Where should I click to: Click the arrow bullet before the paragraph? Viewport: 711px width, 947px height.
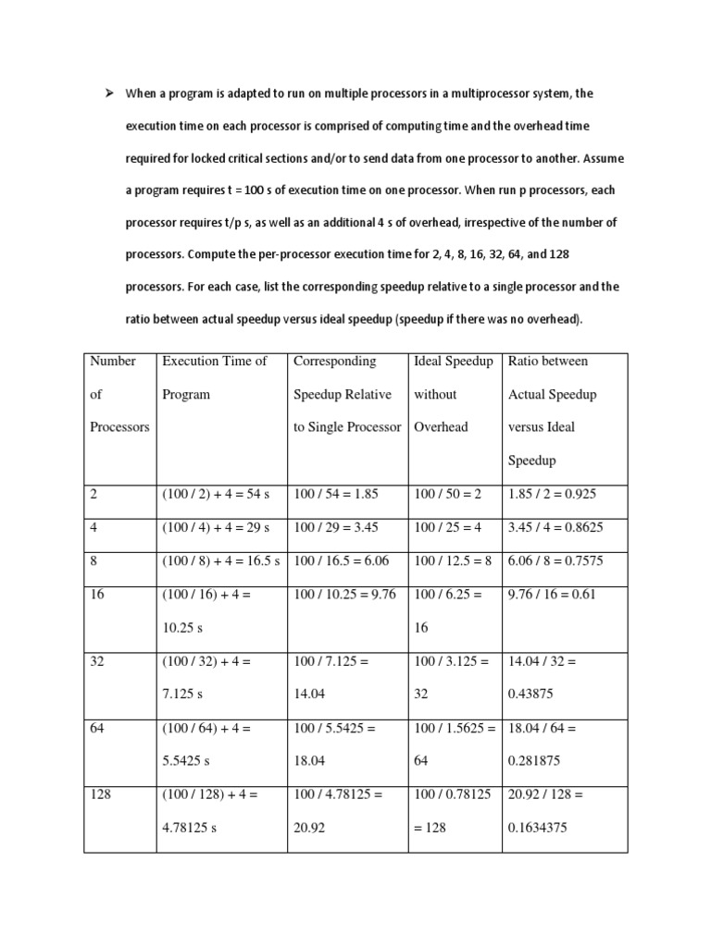107,93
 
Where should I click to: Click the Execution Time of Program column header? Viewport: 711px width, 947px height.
215,377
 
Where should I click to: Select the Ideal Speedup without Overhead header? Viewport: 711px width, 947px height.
453,394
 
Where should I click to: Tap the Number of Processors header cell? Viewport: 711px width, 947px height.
118,394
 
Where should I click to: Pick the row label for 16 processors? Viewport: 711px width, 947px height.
98,595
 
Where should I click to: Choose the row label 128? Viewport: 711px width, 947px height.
101,794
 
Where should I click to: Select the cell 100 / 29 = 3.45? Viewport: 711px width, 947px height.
337,528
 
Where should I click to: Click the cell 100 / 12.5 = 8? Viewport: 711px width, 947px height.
453,561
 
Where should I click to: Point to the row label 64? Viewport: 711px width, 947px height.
98,728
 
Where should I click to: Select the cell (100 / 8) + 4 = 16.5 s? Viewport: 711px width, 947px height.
223,561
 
